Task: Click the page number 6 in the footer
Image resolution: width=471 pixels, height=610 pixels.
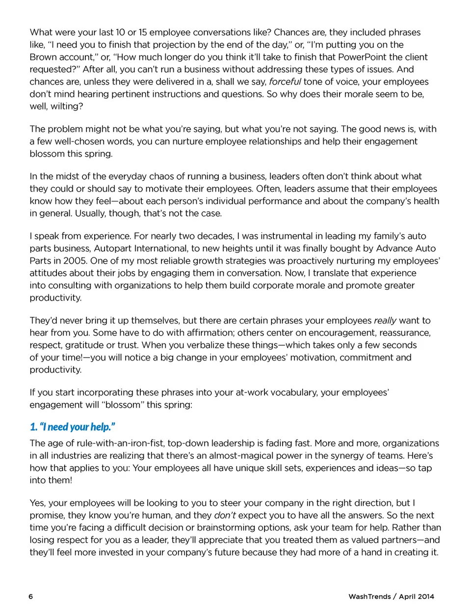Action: pyautogui.click(x=31, y=596)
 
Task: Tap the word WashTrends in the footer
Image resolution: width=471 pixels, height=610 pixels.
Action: pyautogui.click(x=369, y=596)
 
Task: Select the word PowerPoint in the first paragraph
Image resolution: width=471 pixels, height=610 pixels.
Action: pyautogui.click(x=362, y=57)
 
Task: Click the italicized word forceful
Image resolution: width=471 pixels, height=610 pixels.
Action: pyautogui.click(x=285, y=82)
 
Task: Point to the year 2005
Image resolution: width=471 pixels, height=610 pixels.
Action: pyautogui.click(x=75, y=261)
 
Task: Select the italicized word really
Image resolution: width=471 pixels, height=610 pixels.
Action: pyautogui.click(x=385, y=320)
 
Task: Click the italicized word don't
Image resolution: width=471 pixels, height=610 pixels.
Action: pyautogui.click(x=225, y=515)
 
